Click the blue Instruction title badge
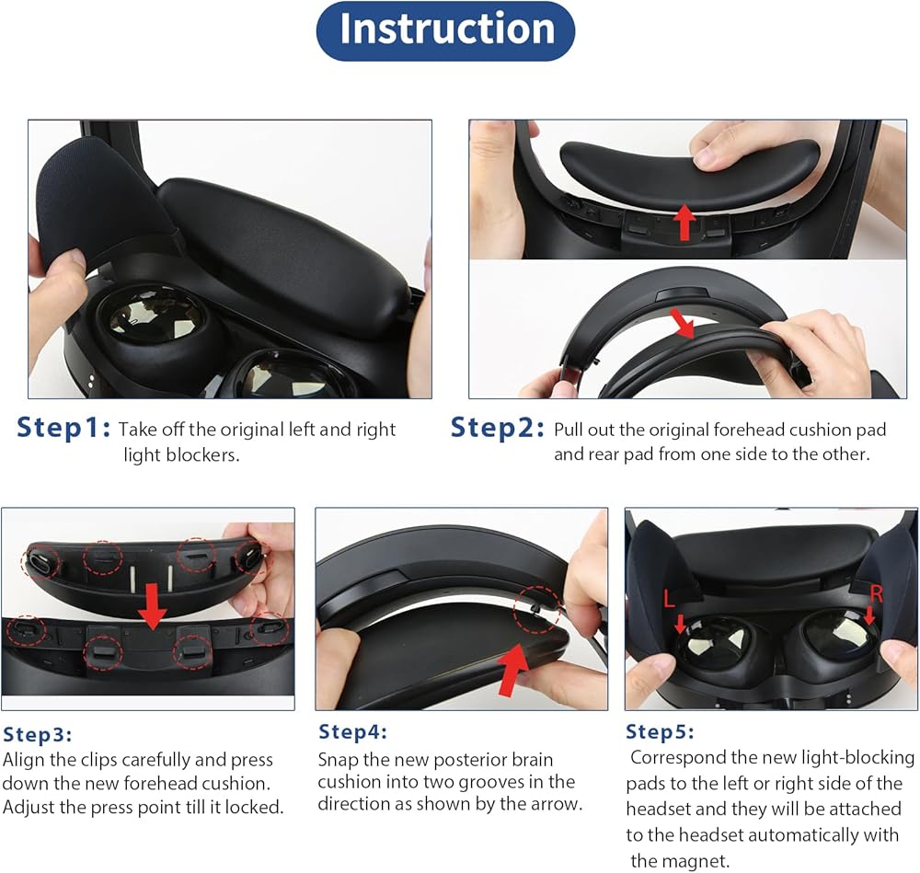tap(445, 30)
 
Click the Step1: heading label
tap(63, 427)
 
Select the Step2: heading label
tap(498, 427)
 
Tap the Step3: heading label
tap(38, 734)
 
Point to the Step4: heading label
tap(352, 731)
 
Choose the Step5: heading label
tap(660, 731)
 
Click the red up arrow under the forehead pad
tap(684, 223)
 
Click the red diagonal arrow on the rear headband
tap(683, 323)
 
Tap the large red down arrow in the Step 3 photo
tap(153, 606)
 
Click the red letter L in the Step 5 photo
tap(669, 599)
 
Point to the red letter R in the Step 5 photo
tap(876, 593)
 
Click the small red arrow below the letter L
tap(680, 624)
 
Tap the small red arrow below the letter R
tap(869, 615)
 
